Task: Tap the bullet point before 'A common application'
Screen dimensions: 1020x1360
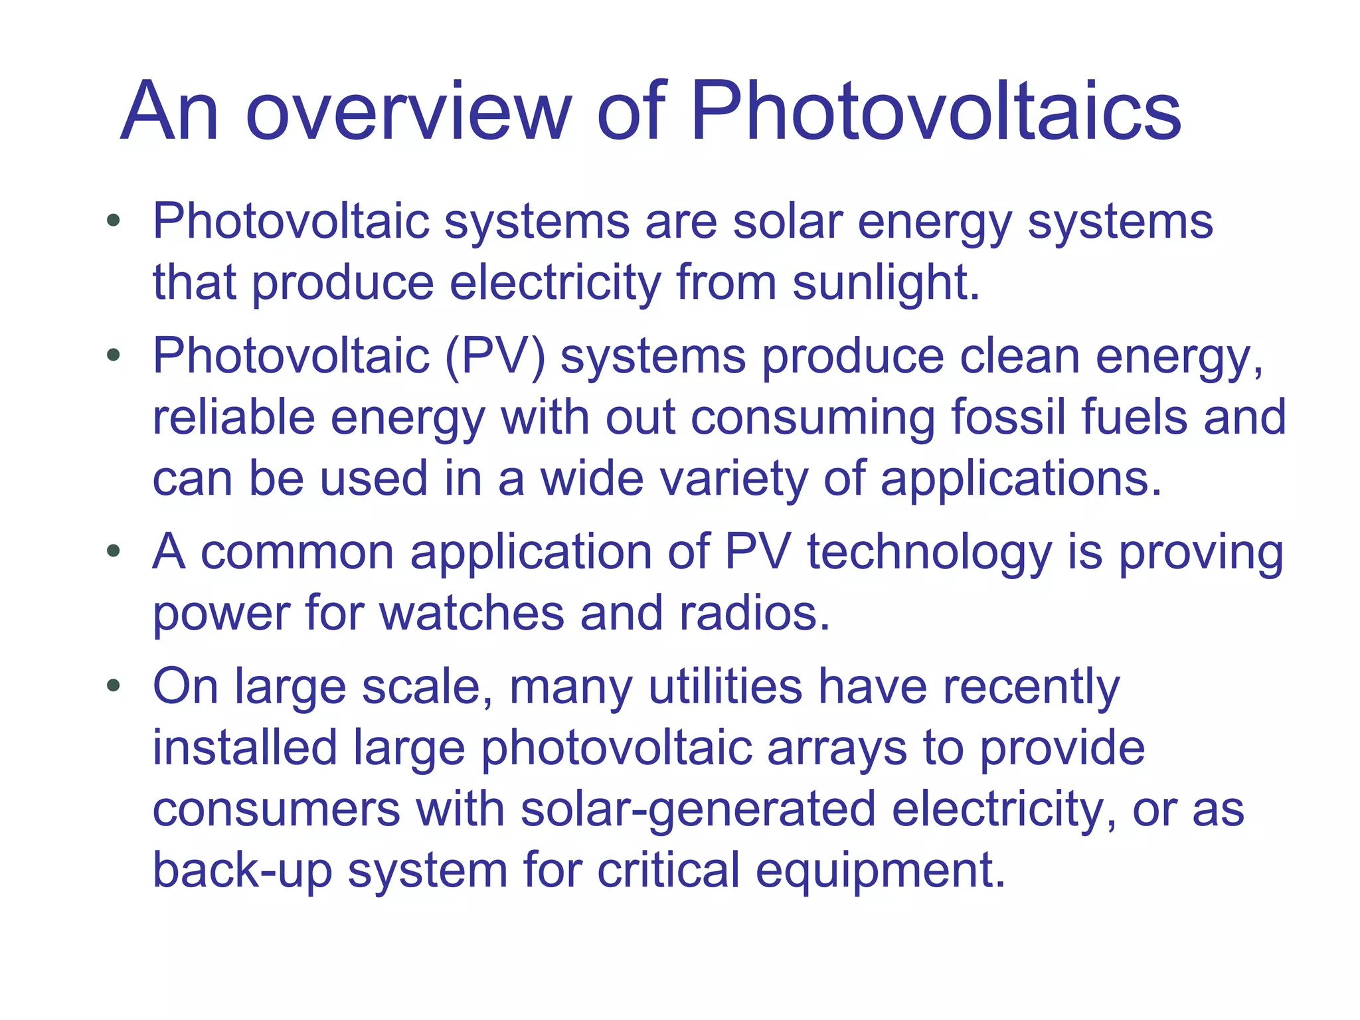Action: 114,551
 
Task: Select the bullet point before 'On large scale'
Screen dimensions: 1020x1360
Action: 114,685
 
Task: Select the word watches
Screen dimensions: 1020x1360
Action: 471,614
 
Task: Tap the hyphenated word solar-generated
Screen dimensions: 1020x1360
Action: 698,810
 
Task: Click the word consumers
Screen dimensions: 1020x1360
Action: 276,810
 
